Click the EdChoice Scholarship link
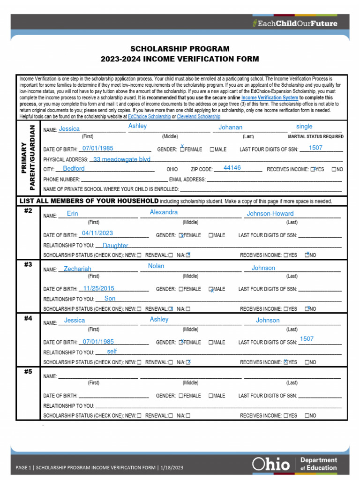pyautogui.click(x=150, y=116)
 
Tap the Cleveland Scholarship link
pyautogui.click(x=199, y=116)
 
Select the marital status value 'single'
pyautogui.click(x=304, y=127)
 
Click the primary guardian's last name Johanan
pyautogui.click(x=231, y=127)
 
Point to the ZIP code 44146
pyautogui.click(x=232, y=168)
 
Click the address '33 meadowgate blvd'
pyautogui.click(x=122, y=159)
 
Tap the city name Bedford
pyautogui.click(x=74, y=169)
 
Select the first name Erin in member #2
pyautogui.click(x=73, y=213)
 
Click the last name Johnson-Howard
pyautogui.click(x=270, y=214)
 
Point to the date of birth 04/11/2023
pyautogui.click(x=97, y=233)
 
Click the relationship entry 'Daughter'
pyautogui.click(x=115, y=245)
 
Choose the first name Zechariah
pyautogui.click(x=77, y=269)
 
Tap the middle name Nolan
pyautogui.click(x=156, y=266)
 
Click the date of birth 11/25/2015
pyautogui.click(x=98, y=288)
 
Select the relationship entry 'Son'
pyautogui.click(x=110, y=298)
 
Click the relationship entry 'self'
pyautogui.click(x=112, y=351)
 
